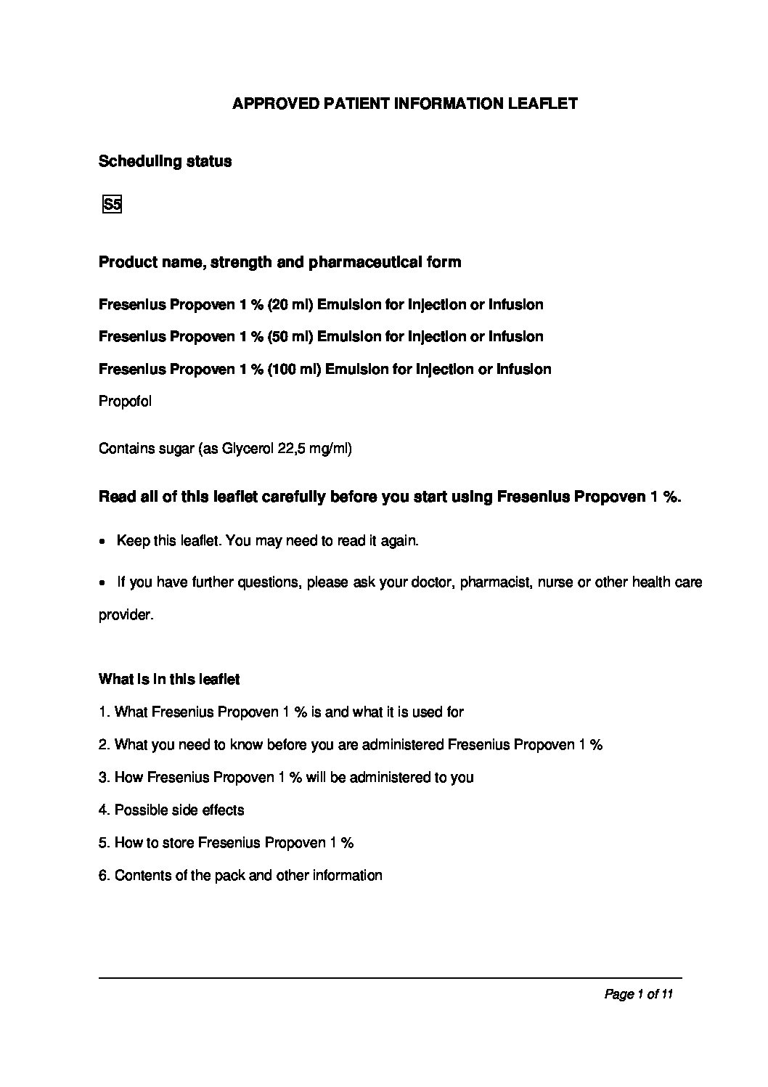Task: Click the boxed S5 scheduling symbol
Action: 112,205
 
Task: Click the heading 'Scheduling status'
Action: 165,161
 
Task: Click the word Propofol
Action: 125,401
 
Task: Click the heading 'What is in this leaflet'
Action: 168,680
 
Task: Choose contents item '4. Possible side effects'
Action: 171,810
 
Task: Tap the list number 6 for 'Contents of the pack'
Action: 103,875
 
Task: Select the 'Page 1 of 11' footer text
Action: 639,994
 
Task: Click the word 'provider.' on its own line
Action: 126,615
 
